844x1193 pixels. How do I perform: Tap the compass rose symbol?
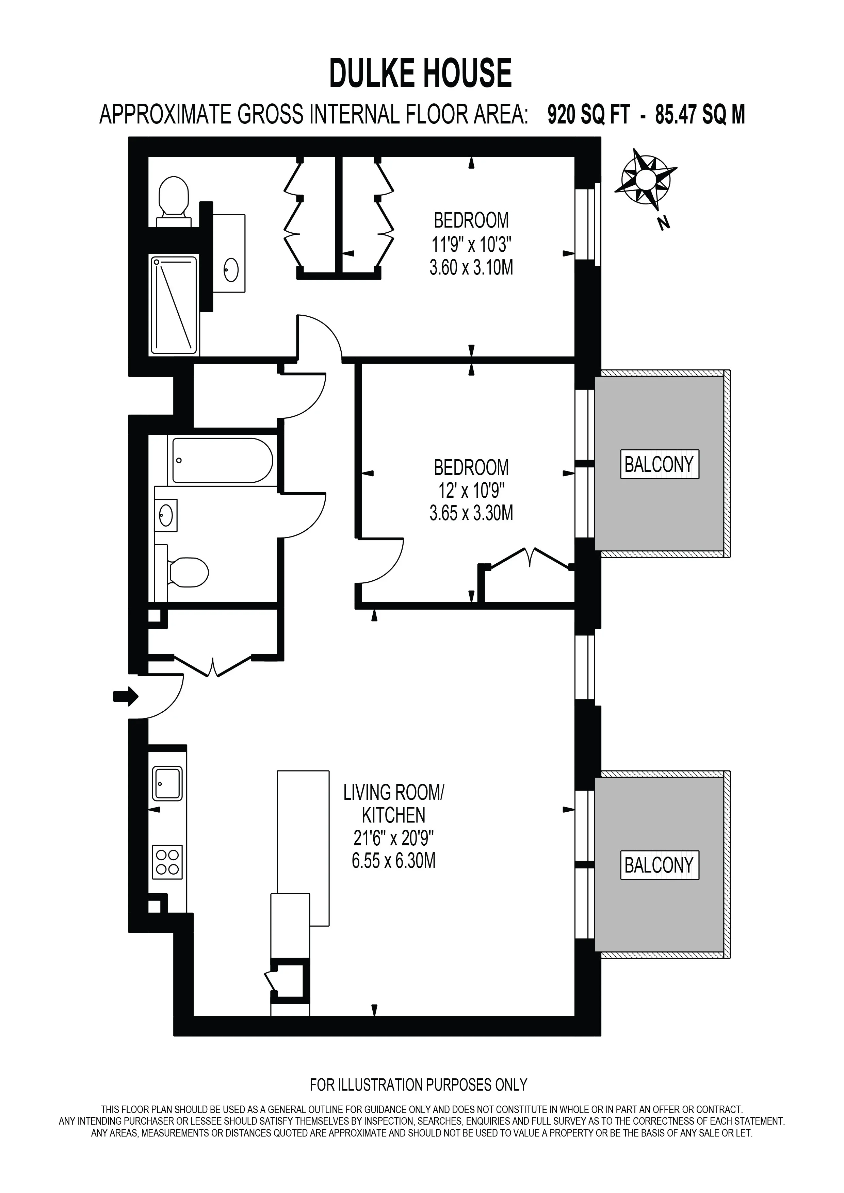click(x=646, y=179)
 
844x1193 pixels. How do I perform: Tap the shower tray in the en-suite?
click(x=174, y=305)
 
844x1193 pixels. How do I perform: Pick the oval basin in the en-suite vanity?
click(x=231, y=270)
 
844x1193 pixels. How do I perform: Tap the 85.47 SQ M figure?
click(x=700, y=115)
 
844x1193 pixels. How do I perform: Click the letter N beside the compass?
click(x=663, y=224)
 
